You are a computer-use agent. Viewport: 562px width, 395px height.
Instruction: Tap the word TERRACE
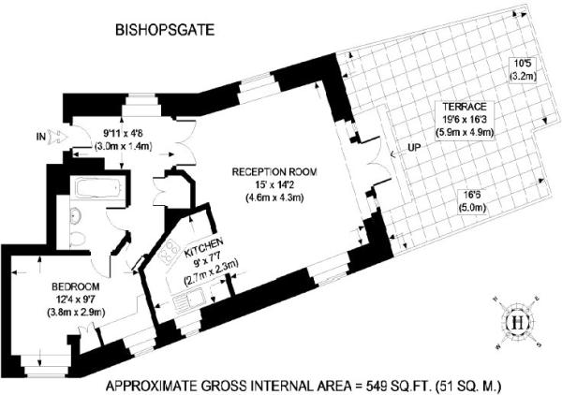coord(458,108)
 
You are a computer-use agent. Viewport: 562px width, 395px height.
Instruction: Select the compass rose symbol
coord(514,321)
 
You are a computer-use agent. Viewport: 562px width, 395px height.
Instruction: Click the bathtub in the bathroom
coord(96,190)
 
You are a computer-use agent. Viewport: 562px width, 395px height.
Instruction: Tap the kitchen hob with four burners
coord(170,250)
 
